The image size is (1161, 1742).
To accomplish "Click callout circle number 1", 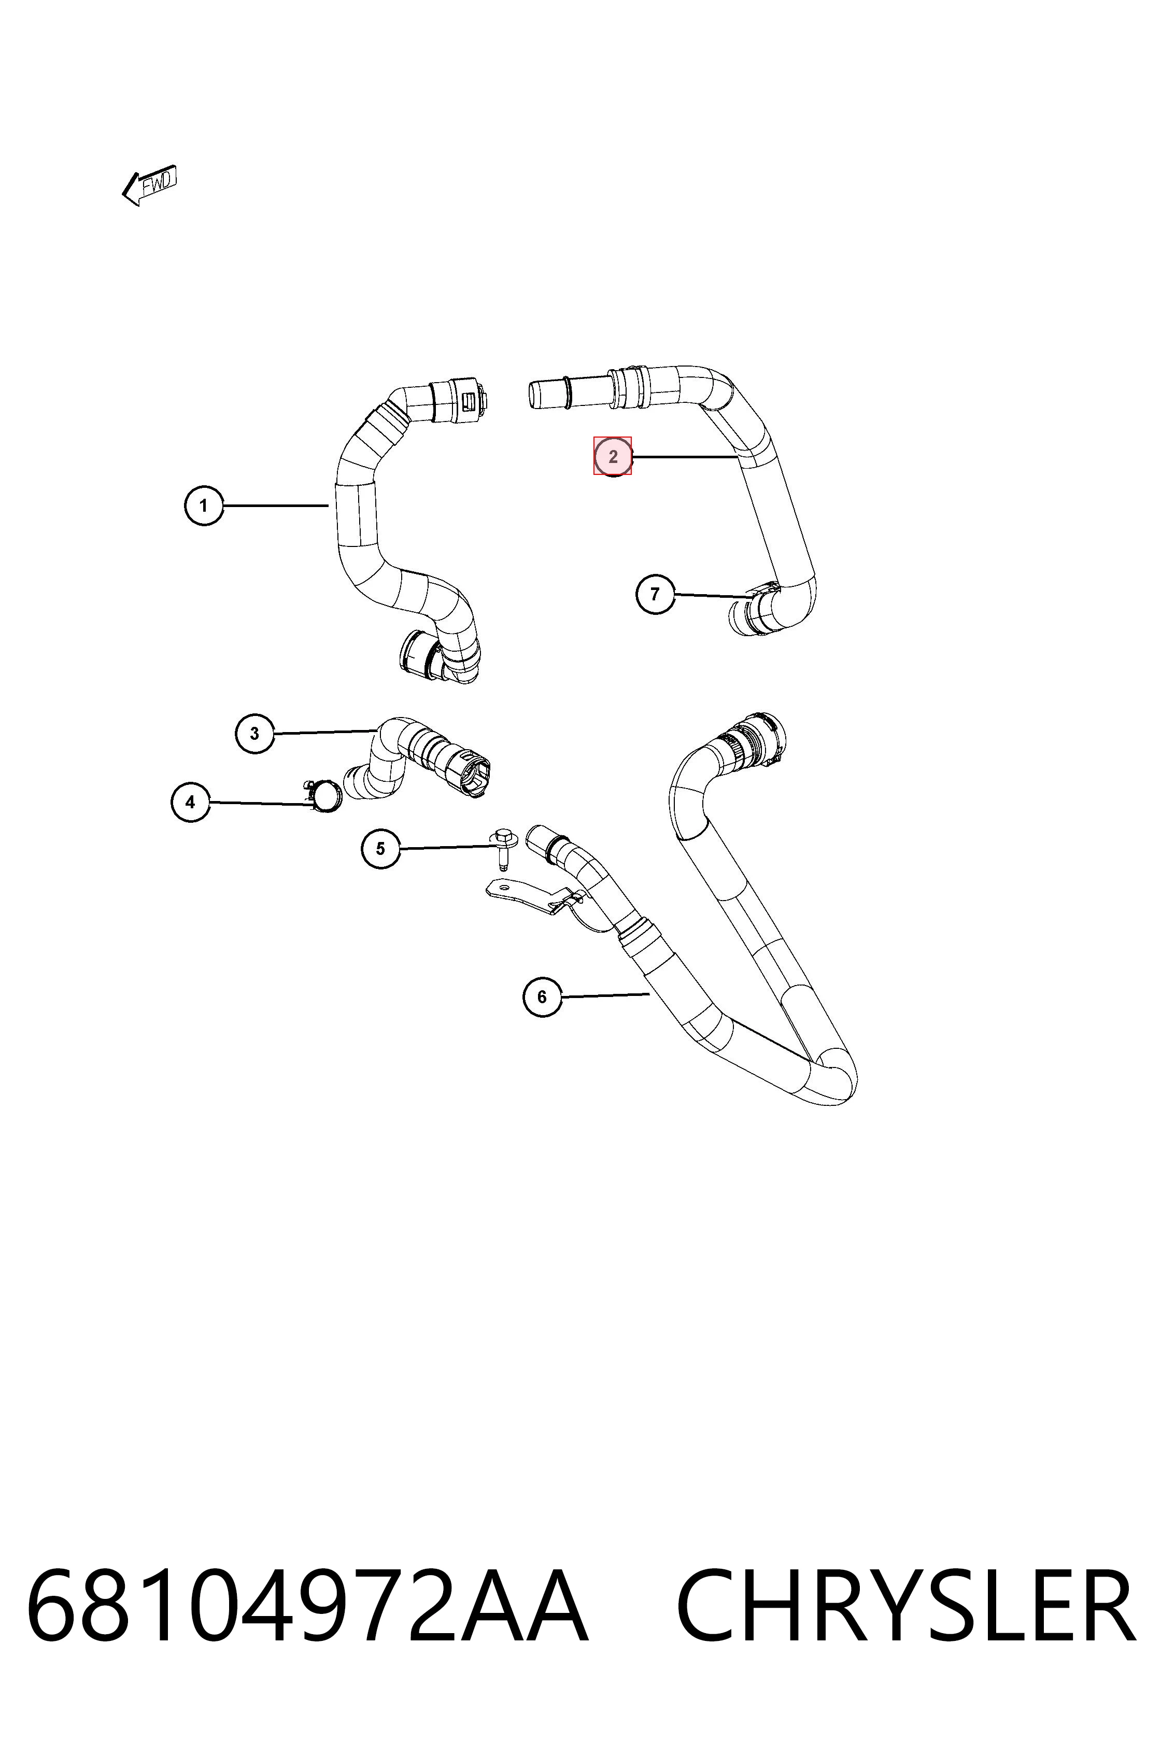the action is [204, 506].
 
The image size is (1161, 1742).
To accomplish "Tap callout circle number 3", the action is [254, 733].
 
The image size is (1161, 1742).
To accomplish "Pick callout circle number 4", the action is [190, 802].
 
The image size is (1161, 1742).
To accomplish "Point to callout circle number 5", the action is [380, 848].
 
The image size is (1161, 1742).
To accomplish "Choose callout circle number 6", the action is [542, 997].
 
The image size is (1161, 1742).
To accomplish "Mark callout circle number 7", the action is [655, 594].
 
